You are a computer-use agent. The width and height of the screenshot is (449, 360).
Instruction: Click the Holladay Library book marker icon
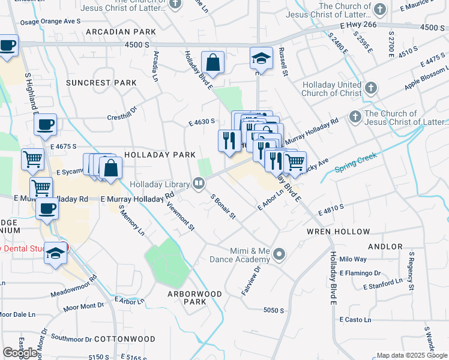[198, 184]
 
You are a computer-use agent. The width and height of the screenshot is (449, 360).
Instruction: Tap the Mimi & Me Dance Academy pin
[279, 255]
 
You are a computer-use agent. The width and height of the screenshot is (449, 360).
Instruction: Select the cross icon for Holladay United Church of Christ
[371, 89]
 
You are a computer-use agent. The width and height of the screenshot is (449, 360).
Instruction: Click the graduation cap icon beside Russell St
[261, 59]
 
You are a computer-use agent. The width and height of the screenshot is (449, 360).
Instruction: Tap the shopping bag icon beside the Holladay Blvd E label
[212, 62]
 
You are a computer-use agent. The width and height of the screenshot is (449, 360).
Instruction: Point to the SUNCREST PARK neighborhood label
[93, 82]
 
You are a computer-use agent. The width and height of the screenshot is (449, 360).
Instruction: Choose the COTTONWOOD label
[125, 339]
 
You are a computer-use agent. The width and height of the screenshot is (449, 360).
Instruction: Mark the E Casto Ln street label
[355, 320]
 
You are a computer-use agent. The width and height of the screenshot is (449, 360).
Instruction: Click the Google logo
[20, 352]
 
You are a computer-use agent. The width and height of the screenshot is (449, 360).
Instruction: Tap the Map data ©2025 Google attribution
[411, 355]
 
